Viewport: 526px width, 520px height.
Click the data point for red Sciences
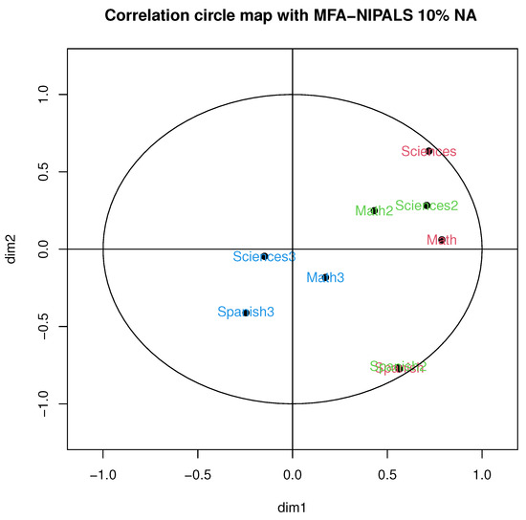pos(428,151)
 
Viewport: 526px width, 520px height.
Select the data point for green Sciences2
pos(427,206)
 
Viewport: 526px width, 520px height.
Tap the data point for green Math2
pos(375,210)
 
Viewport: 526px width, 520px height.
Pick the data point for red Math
pos(442,240)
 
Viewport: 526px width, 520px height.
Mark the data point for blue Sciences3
pos(265,256)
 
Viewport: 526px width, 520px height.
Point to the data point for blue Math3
pos(326,277)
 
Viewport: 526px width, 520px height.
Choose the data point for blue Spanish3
pos(246,312)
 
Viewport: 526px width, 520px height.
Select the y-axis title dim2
pos(12,249)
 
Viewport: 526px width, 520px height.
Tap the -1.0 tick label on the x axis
pos(101,472)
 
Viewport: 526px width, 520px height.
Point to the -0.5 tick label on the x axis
pos(196,472)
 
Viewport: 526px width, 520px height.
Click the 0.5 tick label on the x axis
pos(387,472)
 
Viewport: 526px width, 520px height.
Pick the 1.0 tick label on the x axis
pos(482,472)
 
